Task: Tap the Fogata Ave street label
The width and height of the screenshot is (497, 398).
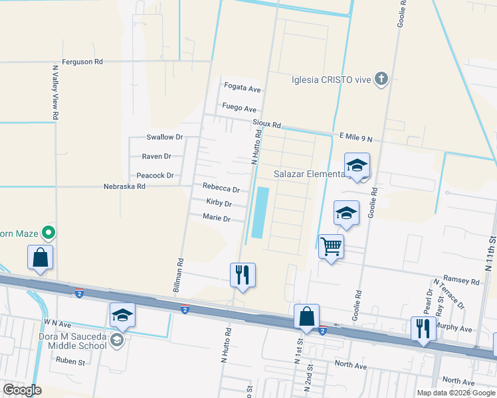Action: (243, 88)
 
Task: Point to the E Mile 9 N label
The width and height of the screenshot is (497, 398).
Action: (355, 137)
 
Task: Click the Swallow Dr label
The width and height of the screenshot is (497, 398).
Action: (164, 137)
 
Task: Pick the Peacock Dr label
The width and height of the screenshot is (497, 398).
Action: (155, 176)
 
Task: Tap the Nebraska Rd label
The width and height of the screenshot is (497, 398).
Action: (124, 187)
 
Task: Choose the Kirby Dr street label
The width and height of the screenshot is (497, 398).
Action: (219, 203)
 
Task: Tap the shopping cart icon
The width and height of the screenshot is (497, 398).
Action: (331, 247)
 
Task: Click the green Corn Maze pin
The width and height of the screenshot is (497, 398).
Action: (48, 233)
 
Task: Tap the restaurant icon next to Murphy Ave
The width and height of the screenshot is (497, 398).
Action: (423, 328)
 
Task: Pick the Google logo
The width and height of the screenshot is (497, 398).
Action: (23, 390)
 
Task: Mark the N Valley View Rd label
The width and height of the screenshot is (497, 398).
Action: (55, 92)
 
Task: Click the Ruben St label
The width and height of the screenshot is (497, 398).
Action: (71, 362)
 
